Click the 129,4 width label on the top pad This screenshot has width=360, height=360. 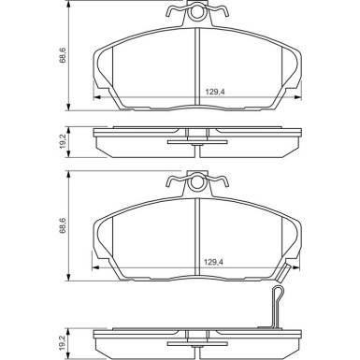[x=215, y=92]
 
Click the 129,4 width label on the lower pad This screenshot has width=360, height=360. [x=213, y=262]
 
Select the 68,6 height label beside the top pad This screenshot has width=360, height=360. [x=63, y=56]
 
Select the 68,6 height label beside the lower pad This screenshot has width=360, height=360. [x=63, y=225]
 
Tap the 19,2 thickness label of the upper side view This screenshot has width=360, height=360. [x=63, y=142]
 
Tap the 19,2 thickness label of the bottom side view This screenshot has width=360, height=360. [x=63, y=342]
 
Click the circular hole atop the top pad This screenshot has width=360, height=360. [x=196, y=12]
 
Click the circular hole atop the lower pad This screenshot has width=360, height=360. [x=196, y=182]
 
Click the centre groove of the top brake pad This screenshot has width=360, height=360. [x=196, y=66]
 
